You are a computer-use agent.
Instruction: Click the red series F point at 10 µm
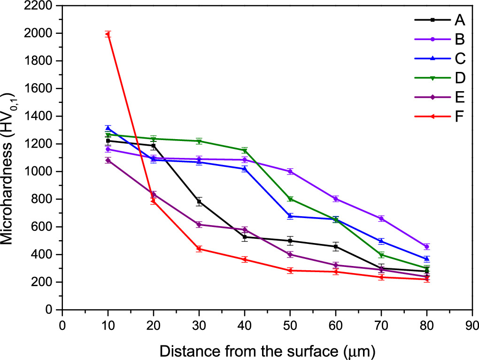pyautogui.click(x=108, y=34)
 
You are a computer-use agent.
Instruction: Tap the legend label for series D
pyautogui.click(x=460, y=78)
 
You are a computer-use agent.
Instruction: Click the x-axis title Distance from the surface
pyautogui.click(x=267, y=350)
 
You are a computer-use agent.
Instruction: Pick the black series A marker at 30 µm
pyautogui.click(x=199, y=202)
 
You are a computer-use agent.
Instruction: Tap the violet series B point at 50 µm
pyautogui.click(x=290, y=172)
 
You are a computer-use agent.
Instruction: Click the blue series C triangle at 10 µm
pyautogui.click(x=108, y=128)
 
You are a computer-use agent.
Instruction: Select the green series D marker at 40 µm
pyautogui.click(x=245, y=150)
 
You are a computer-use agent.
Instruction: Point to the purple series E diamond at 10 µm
pyautogui.click(x=108, y=160)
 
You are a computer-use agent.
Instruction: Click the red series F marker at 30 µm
pyautogui.click(x=199, y=249)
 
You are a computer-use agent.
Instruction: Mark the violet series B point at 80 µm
pyautogui.click(x=427, y=247)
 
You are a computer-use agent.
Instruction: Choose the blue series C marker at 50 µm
pyautogui.click(x=290, y=216)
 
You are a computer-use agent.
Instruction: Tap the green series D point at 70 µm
pyautogui.click(x=381, y=255)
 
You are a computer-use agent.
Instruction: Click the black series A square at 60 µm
pyautogui.click(x=336, y=247)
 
